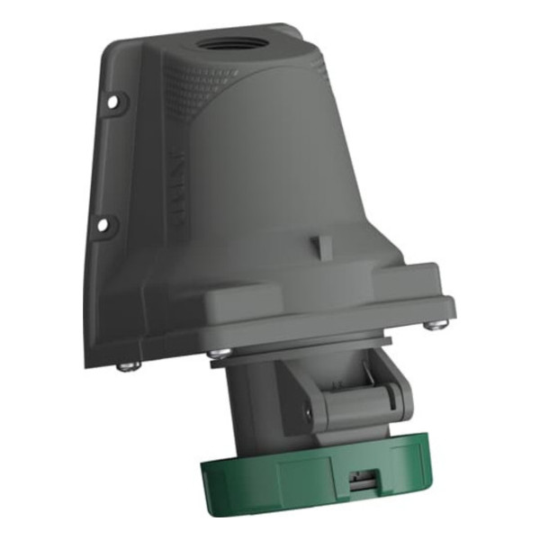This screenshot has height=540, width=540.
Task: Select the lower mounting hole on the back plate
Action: click(x=102, y=223)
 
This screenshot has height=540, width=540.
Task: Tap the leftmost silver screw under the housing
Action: click(x=128, y=364)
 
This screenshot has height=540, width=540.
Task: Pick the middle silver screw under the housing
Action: click(x=215, y=353)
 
